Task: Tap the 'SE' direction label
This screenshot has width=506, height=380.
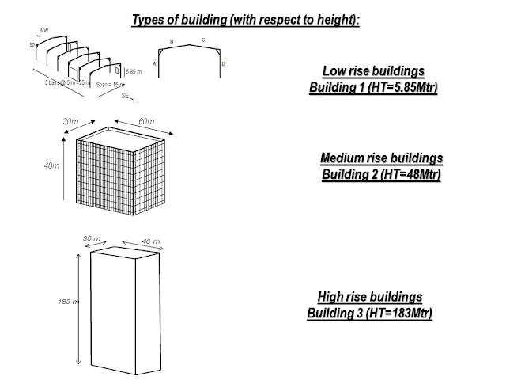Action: coord(126,96)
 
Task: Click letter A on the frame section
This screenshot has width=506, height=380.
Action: coord(154,63)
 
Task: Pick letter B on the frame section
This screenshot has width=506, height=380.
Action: coord(172,40)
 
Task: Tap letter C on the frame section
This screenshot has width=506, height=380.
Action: coord(203,39)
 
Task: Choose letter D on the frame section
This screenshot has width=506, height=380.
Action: coord(224,63)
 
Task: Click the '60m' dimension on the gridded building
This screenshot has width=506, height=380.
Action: coord(146,121)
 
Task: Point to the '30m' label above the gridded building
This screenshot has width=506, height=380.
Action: coord(71,121)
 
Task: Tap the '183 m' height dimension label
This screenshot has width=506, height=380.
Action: coord(68,302)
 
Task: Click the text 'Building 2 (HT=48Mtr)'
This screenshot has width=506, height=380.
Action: coord(380,173)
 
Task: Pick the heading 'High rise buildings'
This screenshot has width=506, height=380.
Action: coord(369,297)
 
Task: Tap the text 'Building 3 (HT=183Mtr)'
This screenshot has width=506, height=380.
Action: coord(369,313)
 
